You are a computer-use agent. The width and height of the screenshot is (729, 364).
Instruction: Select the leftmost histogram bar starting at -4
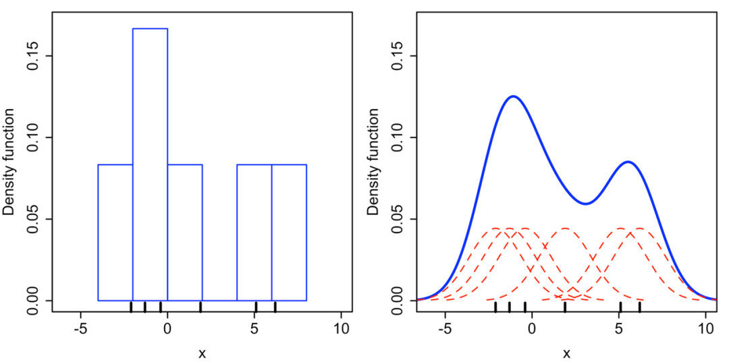[115, 232]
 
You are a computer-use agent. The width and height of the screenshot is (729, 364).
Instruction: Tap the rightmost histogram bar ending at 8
[289, 232]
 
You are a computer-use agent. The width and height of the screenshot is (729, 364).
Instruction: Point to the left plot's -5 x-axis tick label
[81, 330]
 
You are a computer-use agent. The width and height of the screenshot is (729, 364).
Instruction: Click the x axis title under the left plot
[202, 353]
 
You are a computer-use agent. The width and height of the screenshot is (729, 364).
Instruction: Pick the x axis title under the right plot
[567, 353]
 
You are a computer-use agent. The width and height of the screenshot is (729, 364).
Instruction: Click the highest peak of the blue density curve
[514, 96]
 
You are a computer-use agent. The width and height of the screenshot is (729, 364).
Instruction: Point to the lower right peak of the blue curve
[628, 162]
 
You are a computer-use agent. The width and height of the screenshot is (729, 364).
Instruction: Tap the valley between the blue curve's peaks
[586, 204]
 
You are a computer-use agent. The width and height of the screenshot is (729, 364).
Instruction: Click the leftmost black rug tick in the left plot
[131, 307]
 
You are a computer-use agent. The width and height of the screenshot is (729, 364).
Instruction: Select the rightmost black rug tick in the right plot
[640, 307]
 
